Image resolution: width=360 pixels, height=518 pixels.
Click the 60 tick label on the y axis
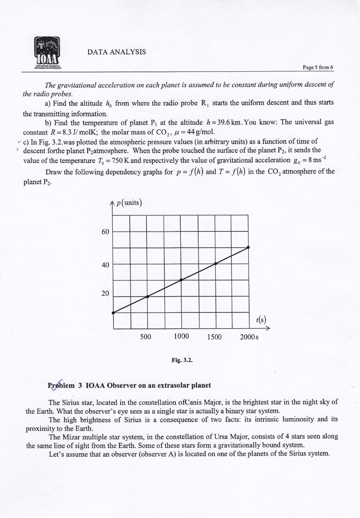[105, 231]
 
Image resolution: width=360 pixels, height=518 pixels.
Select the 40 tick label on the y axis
[105, 265]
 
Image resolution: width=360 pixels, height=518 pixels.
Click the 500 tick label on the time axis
[146, 336]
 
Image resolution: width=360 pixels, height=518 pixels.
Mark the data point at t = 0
[113, 313]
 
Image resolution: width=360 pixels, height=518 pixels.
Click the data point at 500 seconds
[148, 297]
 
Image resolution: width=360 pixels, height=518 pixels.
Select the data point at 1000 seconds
[181, 280]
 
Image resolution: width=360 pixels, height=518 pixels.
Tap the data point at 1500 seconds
[215, 263]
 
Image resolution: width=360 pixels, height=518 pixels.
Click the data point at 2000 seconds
[248, 247]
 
